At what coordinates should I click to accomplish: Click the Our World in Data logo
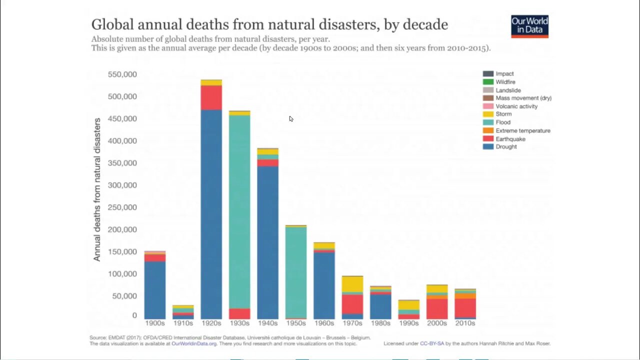pos(529,26)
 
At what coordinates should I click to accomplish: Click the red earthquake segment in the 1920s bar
pos(211,97)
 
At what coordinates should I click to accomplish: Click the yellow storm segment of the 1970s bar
pos(352,284)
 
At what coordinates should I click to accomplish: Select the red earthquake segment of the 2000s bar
pos(436,308)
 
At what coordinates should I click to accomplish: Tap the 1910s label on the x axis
pos(183,323)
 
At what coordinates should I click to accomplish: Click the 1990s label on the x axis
pos(408,323)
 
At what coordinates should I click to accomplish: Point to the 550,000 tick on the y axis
pos(122,74)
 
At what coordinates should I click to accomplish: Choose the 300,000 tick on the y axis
pos(122,185)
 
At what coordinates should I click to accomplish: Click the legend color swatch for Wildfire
pos(488,82)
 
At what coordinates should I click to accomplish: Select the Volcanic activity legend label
pos(516,106)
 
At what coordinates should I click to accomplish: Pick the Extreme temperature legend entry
pos(523,130)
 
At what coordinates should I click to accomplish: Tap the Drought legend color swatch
pos(488,146)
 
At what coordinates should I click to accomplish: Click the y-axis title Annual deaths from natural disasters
pos(97,189)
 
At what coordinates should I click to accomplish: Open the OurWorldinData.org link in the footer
pos(194,344)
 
